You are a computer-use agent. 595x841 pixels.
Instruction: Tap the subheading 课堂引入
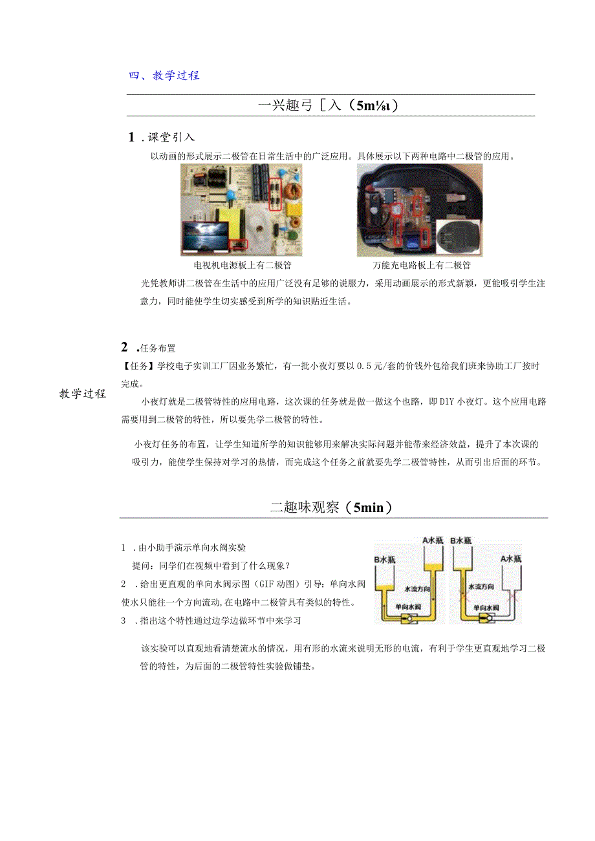[171, 137]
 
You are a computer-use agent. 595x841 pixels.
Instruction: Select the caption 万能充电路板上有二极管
[421, 265]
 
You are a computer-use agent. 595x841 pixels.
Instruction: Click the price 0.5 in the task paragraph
[350, 366]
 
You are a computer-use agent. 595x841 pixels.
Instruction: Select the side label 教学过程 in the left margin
[83, 394]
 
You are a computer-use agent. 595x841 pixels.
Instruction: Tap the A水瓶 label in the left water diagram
[432, 540]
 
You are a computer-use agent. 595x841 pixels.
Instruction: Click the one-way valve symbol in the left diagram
[409, 619]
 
